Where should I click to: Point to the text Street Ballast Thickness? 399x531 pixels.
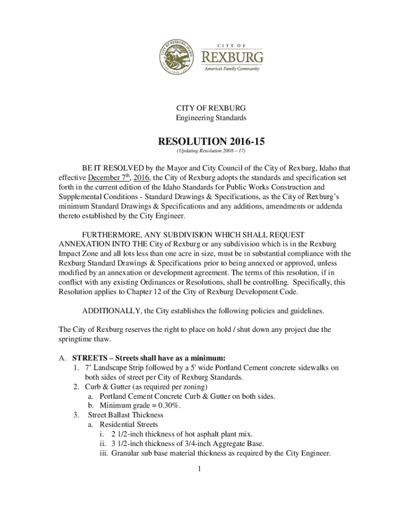pos(125,414)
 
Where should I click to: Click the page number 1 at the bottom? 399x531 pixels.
pos(199,469)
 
